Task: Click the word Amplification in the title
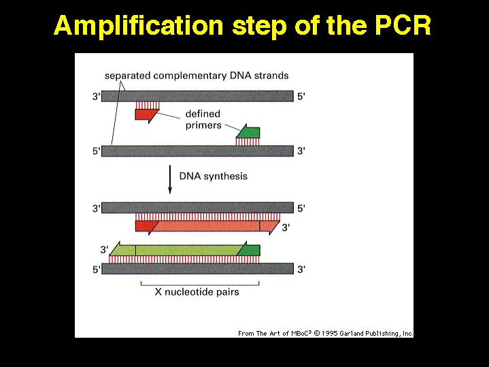(139, 26)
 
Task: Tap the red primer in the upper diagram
(147, 114)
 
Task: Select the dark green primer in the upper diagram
(248, 131)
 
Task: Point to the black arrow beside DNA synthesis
(170, 180)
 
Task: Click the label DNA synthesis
(214, 176)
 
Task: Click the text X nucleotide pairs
(197, 292)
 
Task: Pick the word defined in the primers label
(203, 114)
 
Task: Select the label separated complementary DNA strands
(197, 76)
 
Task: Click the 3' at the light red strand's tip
(286, 227)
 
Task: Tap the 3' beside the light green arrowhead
(105, 250)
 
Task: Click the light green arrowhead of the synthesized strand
(122, 249)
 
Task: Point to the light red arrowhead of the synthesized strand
(269, 227)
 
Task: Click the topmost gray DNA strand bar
(197, 96)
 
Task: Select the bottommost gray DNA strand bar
(197, 269)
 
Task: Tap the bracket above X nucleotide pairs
(200, 285)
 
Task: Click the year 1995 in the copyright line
(330, 333)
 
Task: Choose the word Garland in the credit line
(352, 333)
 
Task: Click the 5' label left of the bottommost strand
(97, 269)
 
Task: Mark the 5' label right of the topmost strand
(301, 97)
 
